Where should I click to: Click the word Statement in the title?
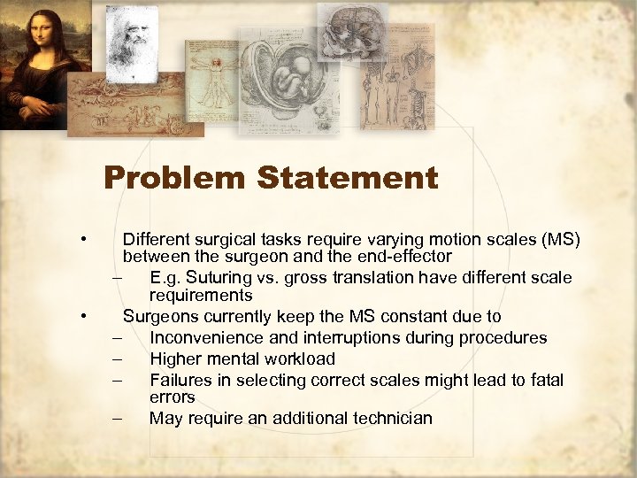pos(348,178)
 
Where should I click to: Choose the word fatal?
pos(544,380)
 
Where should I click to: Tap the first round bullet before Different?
pos(81,239)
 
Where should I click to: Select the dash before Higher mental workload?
pos(116,358)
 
